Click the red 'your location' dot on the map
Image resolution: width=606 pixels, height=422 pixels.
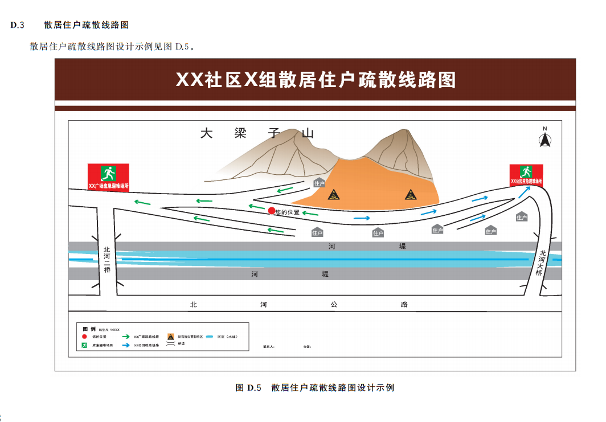[x=272, y=211]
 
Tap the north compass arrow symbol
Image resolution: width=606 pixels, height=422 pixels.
[x=544, y=138]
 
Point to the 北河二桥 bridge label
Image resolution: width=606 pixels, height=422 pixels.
[x=107, y=259]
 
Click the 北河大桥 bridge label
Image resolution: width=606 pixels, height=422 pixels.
[x=541, y=263]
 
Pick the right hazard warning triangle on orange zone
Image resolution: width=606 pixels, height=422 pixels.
[x=411, y=195]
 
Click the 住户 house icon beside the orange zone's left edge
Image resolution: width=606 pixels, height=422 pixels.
[x=319, y=183]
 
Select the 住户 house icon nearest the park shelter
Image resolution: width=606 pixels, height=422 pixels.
[x=522, y=217]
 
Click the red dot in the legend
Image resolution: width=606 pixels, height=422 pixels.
[x=84, y=337]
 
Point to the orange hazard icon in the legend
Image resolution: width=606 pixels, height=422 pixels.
[x=170, y=336]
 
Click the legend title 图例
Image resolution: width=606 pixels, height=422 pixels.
[x=88, y=329]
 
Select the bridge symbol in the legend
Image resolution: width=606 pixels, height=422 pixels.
[x=170, y=344]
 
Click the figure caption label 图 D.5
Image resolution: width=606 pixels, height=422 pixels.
[x=248, y=388]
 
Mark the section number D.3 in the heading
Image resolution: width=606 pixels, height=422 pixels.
[x=18, y=25]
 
